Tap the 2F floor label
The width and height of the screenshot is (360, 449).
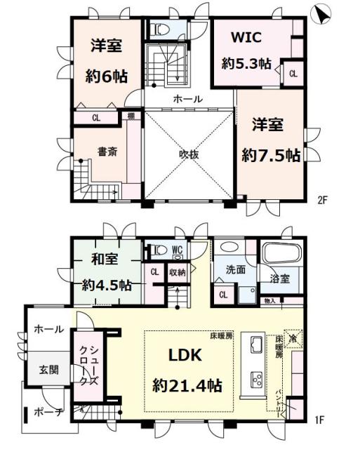point(322,199)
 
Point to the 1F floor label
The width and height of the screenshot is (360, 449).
point(320,420)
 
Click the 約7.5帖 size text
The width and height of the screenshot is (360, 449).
point(271,154)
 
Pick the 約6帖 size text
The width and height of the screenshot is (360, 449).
point(106,74)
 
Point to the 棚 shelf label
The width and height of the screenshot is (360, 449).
point(131,116)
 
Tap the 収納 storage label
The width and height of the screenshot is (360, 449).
point(178,272)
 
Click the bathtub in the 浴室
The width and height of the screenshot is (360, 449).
point(281,255)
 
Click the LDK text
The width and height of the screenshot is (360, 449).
point(184,356)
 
